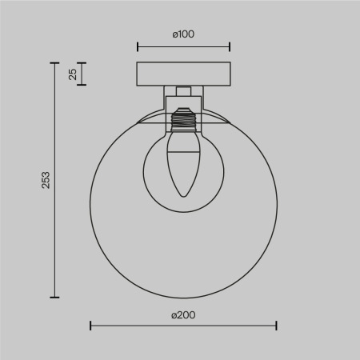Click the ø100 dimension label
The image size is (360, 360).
[183, 34]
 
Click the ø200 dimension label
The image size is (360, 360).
[183, 315]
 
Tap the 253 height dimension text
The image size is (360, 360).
[46, 179]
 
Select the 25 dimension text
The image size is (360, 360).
[73, 74]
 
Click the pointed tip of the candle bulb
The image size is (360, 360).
[183, 197]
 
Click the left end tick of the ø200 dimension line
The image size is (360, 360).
[90, 326]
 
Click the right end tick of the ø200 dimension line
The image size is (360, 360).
[276, 326]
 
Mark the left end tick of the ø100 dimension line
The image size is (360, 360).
[138, 46]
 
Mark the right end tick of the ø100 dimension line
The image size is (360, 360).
[230, 46]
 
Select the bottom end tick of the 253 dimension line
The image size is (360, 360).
[55, 296]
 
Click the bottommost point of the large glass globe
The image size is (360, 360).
[183, 296]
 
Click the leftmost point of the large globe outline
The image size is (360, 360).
[90, 203]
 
